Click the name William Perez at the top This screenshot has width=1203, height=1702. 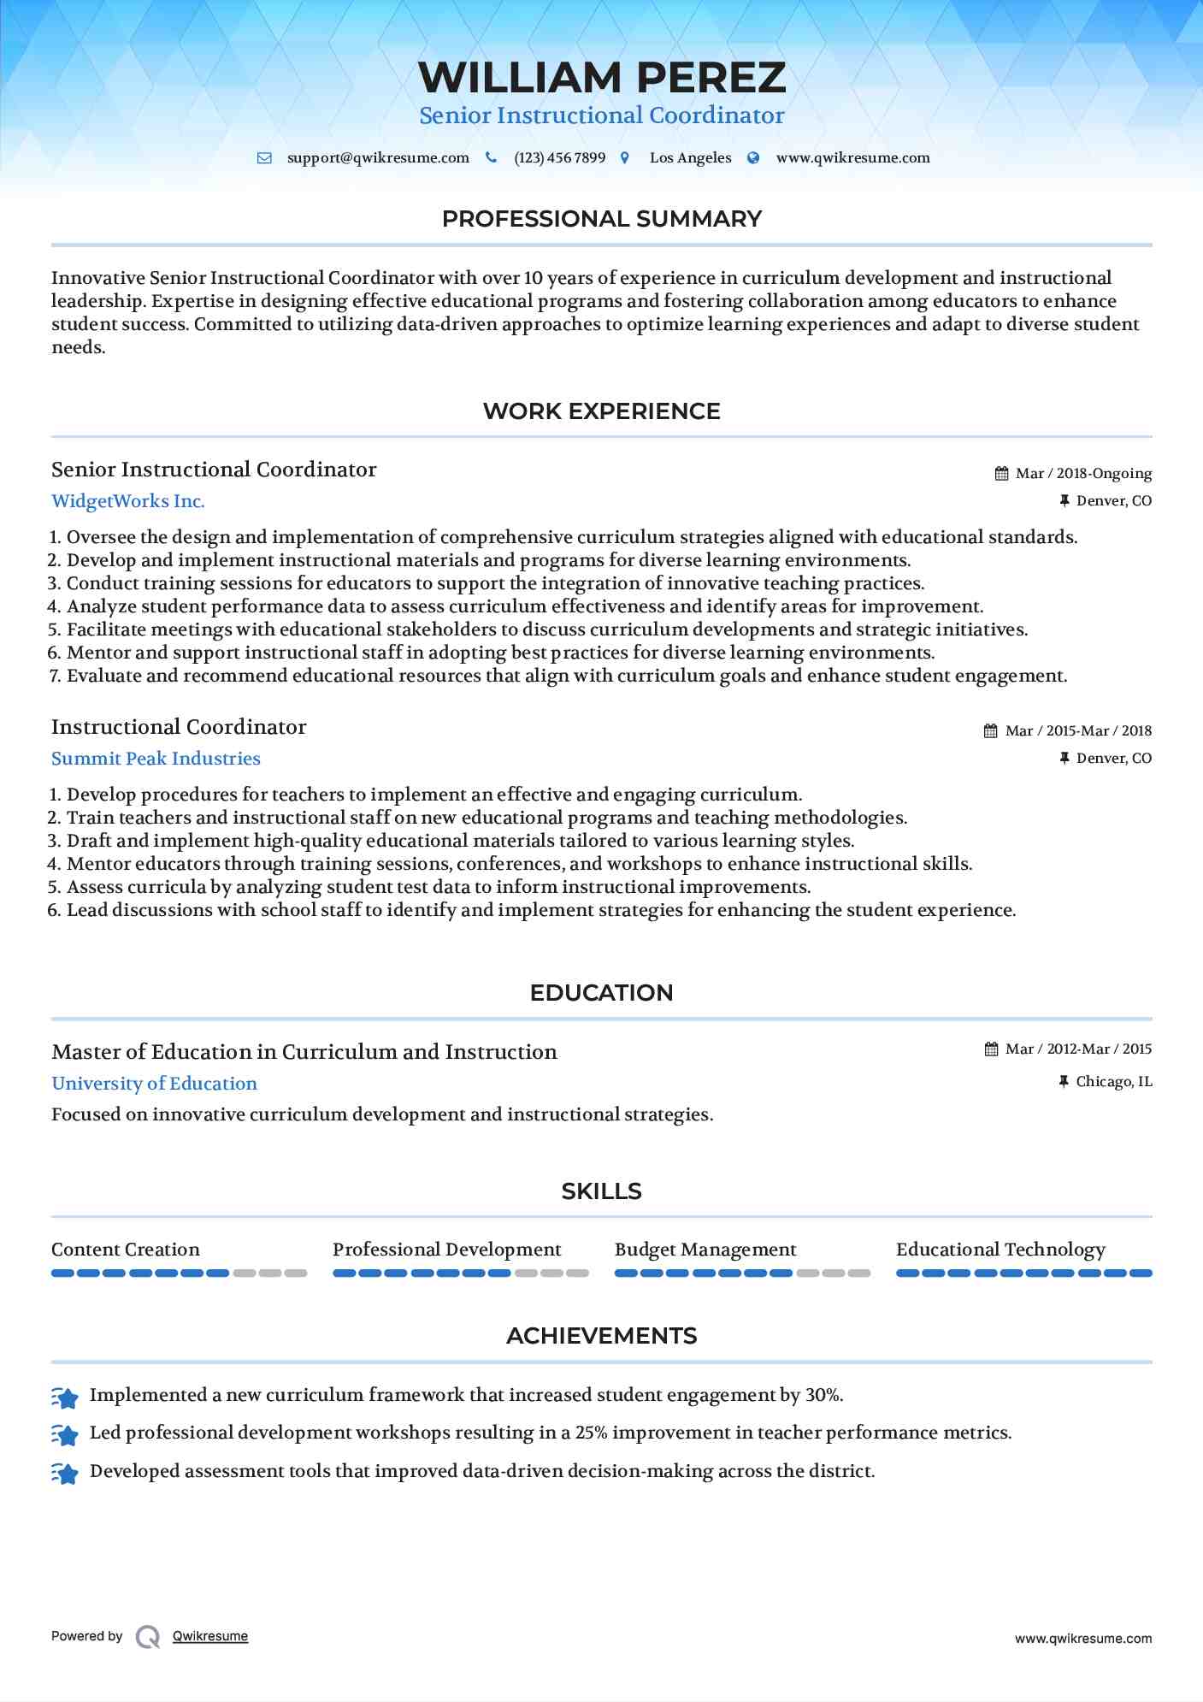click(602, 78)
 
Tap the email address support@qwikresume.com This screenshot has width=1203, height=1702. click(378, 158)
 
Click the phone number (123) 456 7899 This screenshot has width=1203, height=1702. click(559, 158)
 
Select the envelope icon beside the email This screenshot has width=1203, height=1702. click(265, 158)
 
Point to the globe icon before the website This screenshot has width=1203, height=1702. click(753, 158)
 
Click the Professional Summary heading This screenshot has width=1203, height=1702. click(601, 219)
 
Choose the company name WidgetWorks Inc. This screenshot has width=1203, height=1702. click(128, 501)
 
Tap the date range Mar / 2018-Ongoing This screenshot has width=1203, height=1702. click(1083, 474)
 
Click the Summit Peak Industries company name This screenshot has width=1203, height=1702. click(156, 759)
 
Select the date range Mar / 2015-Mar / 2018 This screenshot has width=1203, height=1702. click(1078, 731)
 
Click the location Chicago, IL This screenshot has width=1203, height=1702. click(1113, 1082)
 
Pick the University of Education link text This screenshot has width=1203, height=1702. click(154, 1084)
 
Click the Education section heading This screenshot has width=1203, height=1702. click(601, 993)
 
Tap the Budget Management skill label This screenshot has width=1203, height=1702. click(705, 1250)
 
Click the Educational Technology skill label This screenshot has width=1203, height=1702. click(1000, 1250)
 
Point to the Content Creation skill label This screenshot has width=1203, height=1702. click(126, 1250)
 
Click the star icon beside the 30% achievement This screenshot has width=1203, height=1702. click(65, 1397)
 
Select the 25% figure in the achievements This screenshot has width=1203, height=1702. click(591, 1433)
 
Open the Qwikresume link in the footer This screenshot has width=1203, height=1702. click(210, 1636)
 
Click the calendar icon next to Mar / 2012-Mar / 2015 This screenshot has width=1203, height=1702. click(991, 1049)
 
